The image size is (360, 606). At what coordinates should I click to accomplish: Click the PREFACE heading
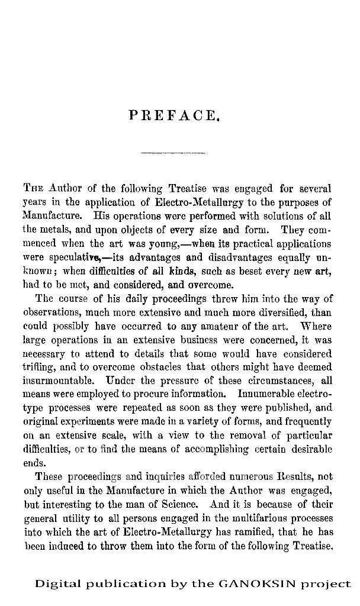coord(174,114)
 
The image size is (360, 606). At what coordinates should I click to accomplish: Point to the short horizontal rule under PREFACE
coord(173,154)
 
